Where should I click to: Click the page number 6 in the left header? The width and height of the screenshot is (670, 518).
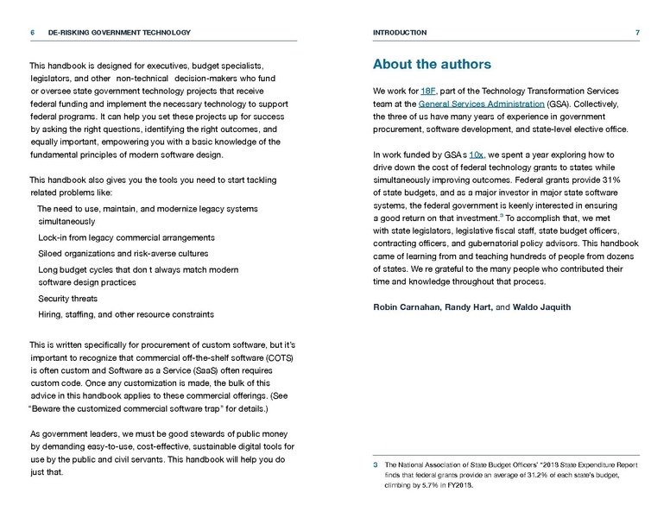[32, 33]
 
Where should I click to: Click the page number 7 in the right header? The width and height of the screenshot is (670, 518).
[637, 33]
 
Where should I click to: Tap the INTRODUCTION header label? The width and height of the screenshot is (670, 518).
[400, 33]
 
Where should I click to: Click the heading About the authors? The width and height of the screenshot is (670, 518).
[432, 65]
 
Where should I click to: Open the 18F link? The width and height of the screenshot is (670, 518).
[430, 92]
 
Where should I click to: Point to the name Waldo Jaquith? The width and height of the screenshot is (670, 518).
[543, 307]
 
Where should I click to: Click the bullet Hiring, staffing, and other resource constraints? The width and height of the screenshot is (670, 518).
[126, 314]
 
